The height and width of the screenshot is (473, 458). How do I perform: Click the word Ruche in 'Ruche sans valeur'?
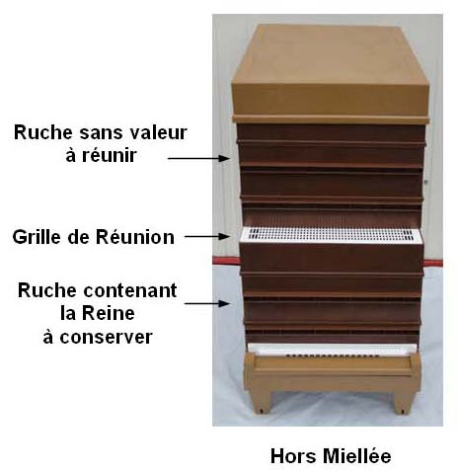tap(43, 132)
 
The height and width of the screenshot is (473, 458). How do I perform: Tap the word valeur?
tap(159, 132)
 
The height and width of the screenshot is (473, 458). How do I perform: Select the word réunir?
tap(110, 155)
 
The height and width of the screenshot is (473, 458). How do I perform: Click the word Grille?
tap(37, 238)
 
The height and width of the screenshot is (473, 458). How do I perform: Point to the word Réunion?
tap(135, 237)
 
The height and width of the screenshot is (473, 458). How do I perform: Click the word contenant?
tap(130, 291)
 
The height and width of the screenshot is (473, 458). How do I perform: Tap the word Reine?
tap(109, 313)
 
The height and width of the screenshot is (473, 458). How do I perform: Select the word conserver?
tap(106, 338)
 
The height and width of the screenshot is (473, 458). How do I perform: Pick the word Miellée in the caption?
tap(357, 456)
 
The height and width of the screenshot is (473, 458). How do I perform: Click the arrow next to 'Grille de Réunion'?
tap(206, 236)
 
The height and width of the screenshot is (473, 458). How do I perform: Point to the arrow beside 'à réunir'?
tap(198, 158)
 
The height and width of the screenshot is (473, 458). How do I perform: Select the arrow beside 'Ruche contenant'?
tap(206, 303)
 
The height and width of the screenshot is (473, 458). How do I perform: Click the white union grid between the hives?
tap(331, 235)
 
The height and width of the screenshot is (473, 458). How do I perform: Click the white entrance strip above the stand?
tap(332, 350)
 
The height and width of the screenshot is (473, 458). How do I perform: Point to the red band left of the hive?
tap(226, 261)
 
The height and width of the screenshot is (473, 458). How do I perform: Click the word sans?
tap(101, 133)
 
